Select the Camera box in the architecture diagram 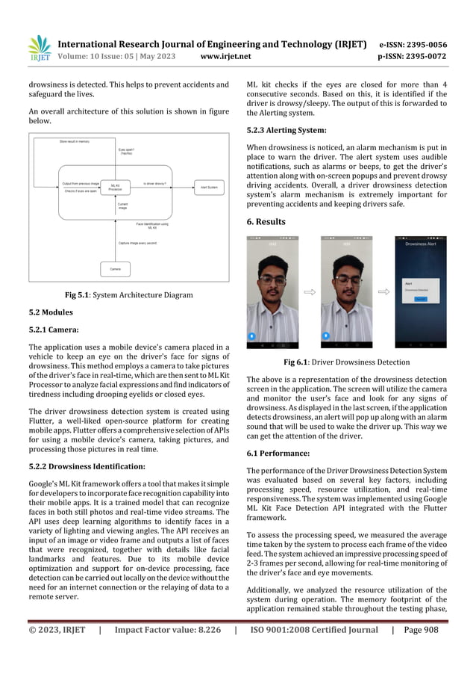(x=115, y=268)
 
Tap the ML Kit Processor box (x=115, y=187)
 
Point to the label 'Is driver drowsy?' (x=154, y=182)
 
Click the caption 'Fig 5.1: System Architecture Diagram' (x=129, y=294)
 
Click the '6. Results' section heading (x=266, y=221)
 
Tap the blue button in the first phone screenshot (x=253, y=336)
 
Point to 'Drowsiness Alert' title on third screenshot (x=420, y=244)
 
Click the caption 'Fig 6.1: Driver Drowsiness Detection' (x=347, y=362)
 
